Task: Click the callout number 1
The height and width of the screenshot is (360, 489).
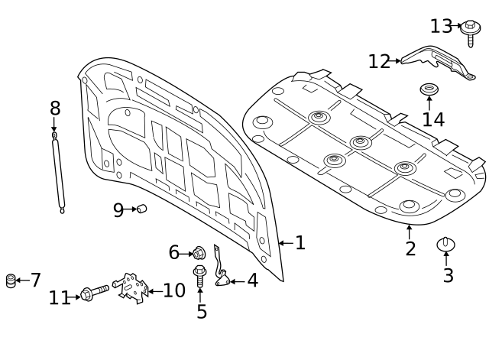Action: click(300, 243)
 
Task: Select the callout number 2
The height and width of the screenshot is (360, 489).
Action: click(410, 248)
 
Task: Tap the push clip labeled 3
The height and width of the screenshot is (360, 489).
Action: click(446, 245)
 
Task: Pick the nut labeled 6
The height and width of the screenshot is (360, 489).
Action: click(199, 253)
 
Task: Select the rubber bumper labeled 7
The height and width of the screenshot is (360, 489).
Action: click(11, 281)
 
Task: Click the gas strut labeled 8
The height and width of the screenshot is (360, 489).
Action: click(58, 172)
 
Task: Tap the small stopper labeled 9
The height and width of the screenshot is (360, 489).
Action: click(141, 209)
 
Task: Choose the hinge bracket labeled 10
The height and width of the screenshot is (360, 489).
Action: click(134, 288)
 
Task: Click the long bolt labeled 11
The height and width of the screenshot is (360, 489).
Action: click(94, 293)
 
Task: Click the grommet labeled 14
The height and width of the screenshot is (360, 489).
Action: click(429, 92)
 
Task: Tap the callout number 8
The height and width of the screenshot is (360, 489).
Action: click(54, 108)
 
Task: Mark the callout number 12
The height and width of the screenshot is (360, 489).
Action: click(379, 62)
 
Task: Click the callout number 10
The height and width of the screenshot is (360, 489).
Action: click(174, 290)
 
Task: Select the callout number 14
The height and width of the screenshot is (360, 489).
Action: click(433, 120)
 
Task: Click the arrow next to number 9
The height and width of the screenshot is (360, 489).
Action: click(130, 209)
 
